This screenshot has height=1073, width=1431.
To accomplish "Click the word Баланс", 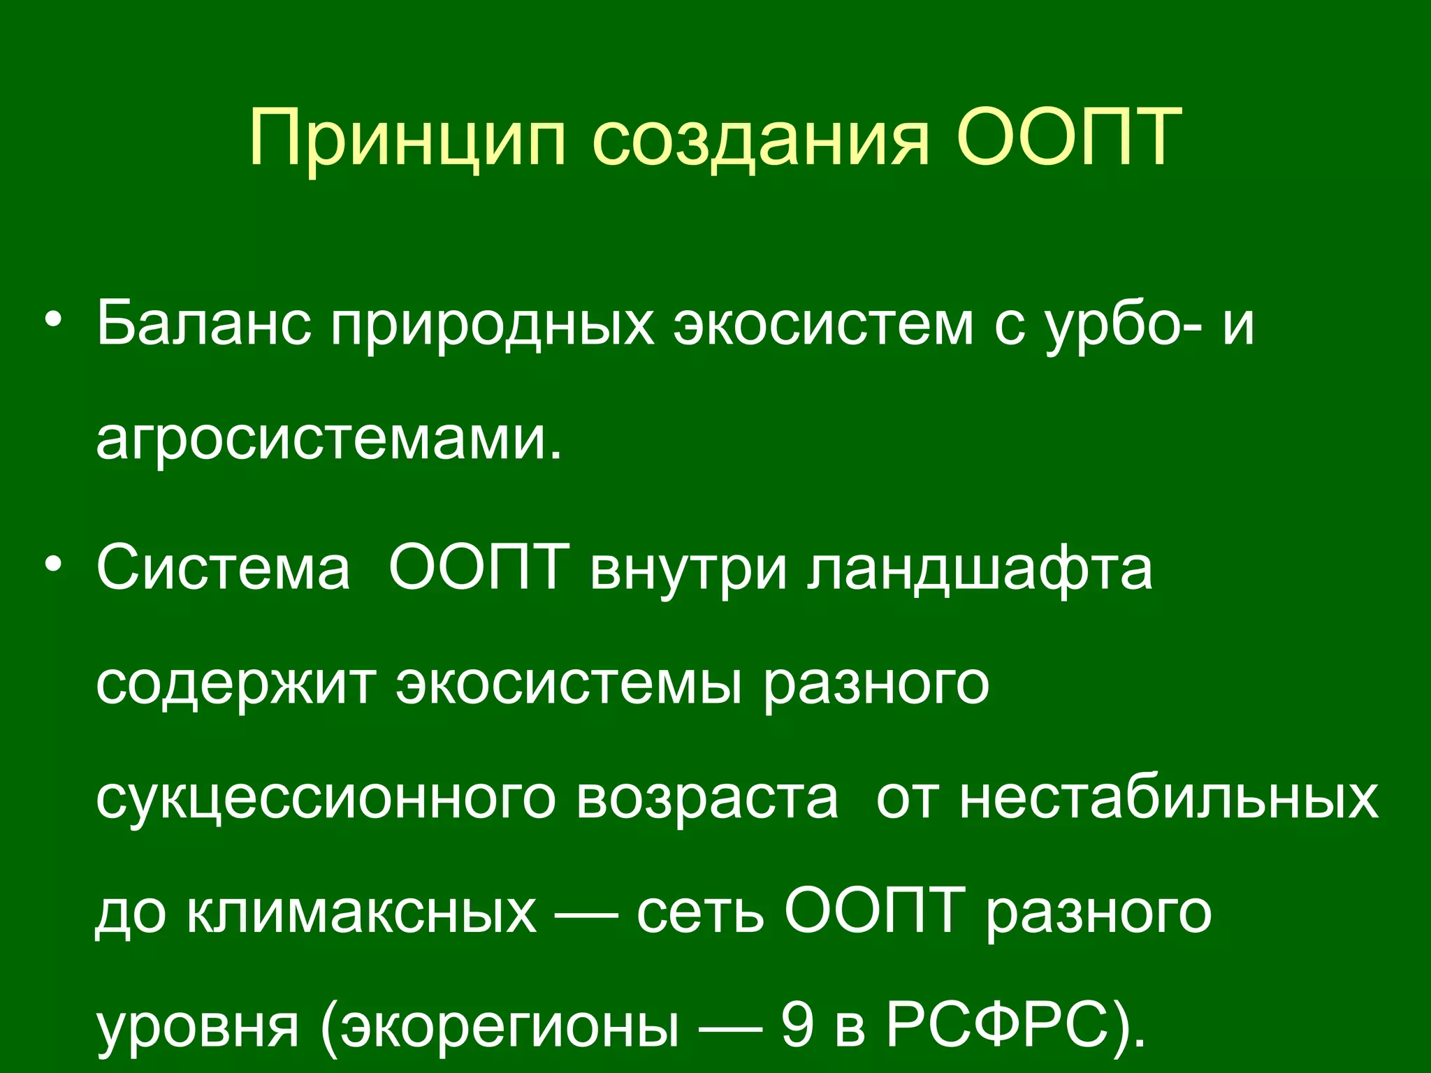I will tap(203, 323).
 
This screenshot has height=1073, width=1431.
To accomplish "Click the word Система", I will tap(223, 567).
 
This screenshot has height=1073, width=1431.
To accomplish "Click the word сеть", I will tap(699, 913).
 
